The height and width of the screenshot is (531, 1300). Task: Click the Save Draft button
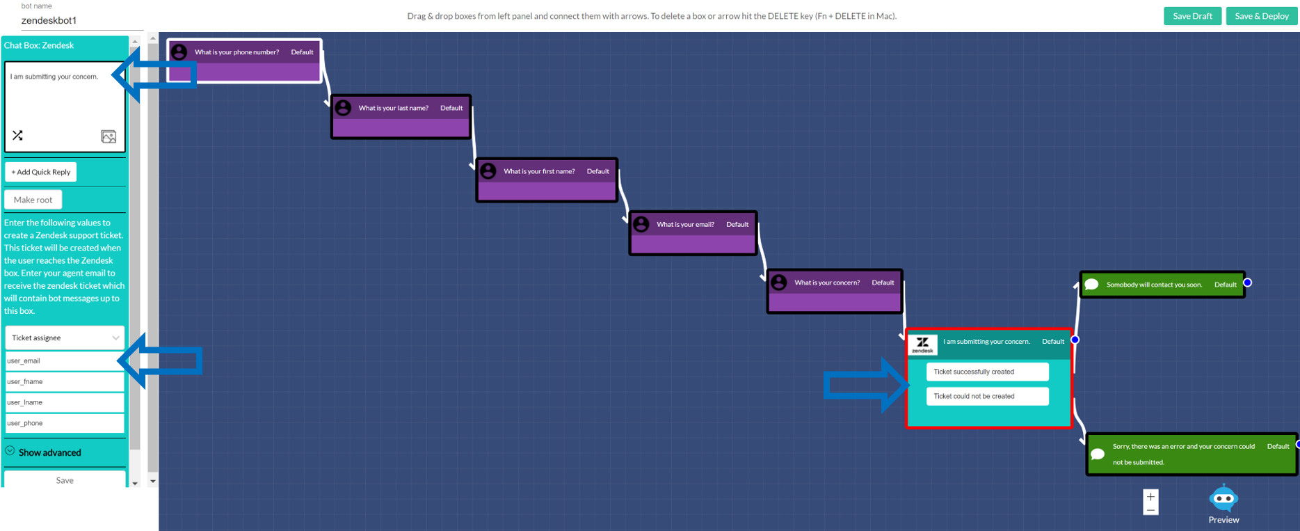click(1192, 16)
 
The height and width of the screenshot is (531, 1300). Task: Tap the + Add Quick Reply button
click(41, 172)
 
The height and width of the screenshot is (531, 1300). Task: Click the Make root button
click(33, 200)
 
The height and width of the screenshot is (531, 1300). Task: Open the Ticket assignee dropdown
click(65, 338)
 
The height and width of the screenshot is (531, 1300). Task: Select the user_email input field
click(64, 360)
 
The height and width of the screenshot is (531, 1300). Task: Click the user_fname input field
click(64, 381)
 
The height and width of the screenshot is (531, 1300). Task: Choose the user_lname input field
click(64, 402)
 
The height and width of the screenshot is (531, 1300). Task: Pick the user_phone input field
click(64, 423)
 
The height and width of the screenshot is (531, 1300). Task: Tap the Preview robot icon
click(1223, 499)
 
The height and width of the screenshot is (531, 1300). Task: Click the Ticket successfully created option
click(987, 372)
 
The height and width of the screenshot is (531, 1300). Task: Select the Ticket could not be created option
click(987, 396)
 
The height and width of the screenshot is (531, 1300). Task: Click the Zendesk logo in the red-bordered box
click(923, 344)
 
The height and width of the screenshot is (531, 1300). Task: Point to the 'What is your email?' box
click(693, 233)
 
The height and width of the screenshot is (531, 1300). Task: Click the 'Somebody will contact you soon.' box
click(1162, 285)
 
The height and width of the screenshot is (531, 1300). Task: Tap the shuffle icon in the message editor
click(18, 135)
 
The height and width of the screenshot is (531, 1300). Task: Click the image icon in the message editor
click(109, 136)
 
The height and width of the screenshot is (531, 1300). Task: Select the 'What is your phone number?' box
click(244, 61)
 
